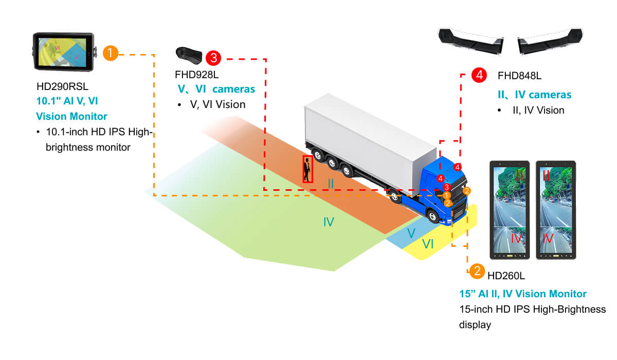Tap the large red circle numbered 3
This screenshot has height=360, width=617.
tap(213, 58)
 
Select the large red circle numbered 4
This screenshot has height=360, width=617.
tap(479, 75)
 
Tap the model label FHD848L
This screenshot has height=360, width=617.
tap(519, 76)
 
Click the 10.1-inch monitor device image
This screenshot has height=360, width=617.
tap(63, 52)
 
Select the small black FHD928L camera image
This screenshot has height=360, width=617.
tap(188, 54)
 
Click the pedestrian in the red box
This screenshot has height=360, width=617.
tap(307, 169)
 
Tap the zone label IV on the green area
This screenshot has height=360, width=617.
tap(329, 222)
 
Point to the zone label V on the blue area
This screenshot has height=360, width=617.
tap(411, 233)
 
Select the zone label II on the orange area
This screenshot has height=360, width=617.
tap(331, 183)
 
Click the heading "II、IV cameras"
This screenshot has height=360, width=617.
tap(535, 95)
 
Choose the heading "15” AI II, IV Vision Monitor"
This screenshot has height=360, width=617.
tap(522, 294)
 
